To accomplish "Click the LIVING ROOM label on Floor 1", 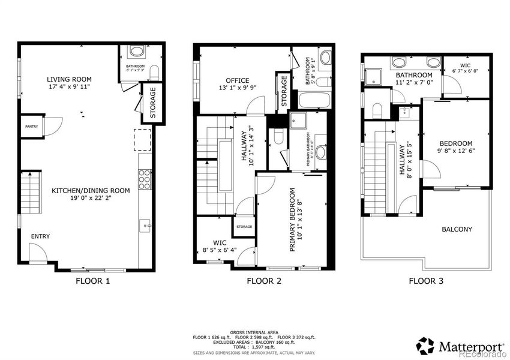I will (x=70, y=79).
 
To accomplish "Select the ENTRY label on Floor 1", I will (x=40, y=236).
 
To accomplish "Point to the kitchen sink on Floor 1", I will (x=145, y=226).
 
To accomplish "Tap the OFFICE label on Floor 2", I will (x=237, y=80).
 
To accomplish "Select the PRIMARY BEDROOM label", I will (x=293, y=220).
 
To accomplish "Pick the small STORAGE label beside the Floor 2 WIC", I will (x=244, y=226).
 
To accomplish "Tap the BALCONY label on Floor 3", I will (x=457, y=229).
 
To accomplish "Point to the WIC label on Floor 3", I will (x=466, y=64).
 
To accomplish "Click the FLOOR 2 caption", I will (x=264, y=280).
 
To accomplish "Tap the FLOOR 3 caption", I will (x=425, y=280).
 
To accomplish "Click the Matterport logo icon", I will (x=425, y=346).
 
